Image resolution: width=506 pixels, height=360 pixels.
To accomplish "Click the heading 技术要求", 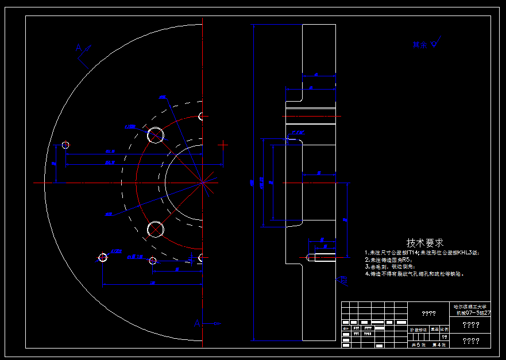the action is click(x=425, y=243).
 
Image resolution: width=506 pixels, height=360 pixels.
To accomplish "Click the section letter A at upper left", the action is click(x=79, y=48).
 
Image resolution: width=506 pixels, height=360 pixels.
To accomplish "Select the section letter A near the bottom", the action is click(x=197, y=324).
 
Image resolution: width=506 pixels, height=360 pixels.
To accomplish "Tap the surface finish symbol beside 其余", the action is click(x=435, y=43).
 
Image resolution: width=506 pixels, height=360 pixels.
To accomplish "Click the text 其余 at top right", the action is click(x=419, y=44).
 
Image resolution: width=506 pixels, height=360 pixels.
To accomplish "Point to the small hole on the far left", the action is click(x=65, y=145).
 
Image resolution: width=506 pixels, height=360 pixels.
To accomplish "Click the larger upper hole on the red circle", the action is click(x=155, y=136).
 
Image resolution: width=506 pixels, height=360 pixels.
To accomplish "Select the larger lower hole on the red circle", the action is click(x=155, y=230).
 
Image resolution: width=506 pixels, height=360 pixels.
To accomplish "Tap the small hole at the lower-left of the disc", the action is click(x=103, y=257).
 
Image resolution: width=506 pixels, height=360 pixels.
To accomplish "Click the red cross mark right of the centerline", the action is click(x=223, y=145).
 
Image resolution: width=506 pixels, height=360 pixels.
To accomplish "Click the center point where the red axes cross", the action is click(x=202, y=183).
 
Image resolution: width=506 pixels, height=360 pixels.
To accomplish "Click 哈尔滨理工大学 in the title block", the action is click(x=470, y=307).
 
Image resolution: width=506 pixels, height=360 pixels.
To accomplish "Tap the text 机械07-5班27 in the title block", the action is click(x=473, y=313).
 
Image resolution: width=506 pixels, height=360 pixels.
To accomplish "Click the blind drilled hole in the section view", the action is click(x=322, y=256).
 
